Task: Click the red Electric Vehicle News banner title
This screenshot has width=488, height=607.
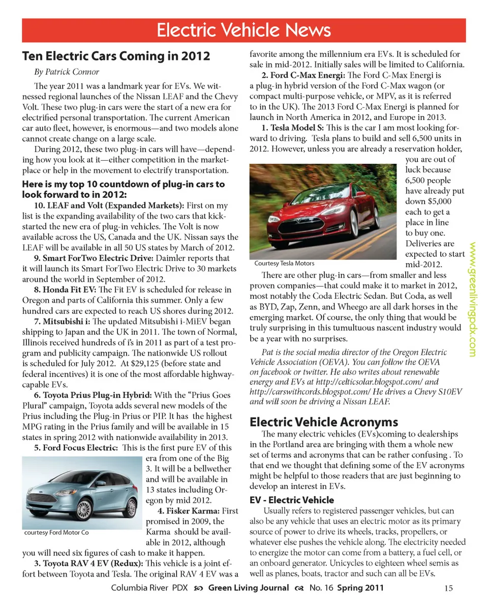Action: click(x=243, y=30)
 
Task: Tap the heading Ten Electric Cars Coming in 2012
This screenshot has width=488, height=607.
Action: click(x=116, y=55)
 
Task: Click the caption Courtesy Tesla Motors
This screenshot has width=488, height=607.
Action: click(x=284, y=263)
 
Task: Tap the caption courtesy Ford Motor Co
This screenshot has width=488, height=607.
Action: click(x=56, y=532)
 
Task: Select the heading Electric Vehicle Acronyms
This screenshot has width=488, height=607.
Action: click(x=324, y=422)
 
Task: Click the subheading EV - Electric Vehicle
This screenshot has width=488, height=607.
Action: click(x=292, y=500)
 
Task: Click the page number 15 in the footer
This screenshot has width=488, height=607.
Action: click(x=448, y=589)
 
